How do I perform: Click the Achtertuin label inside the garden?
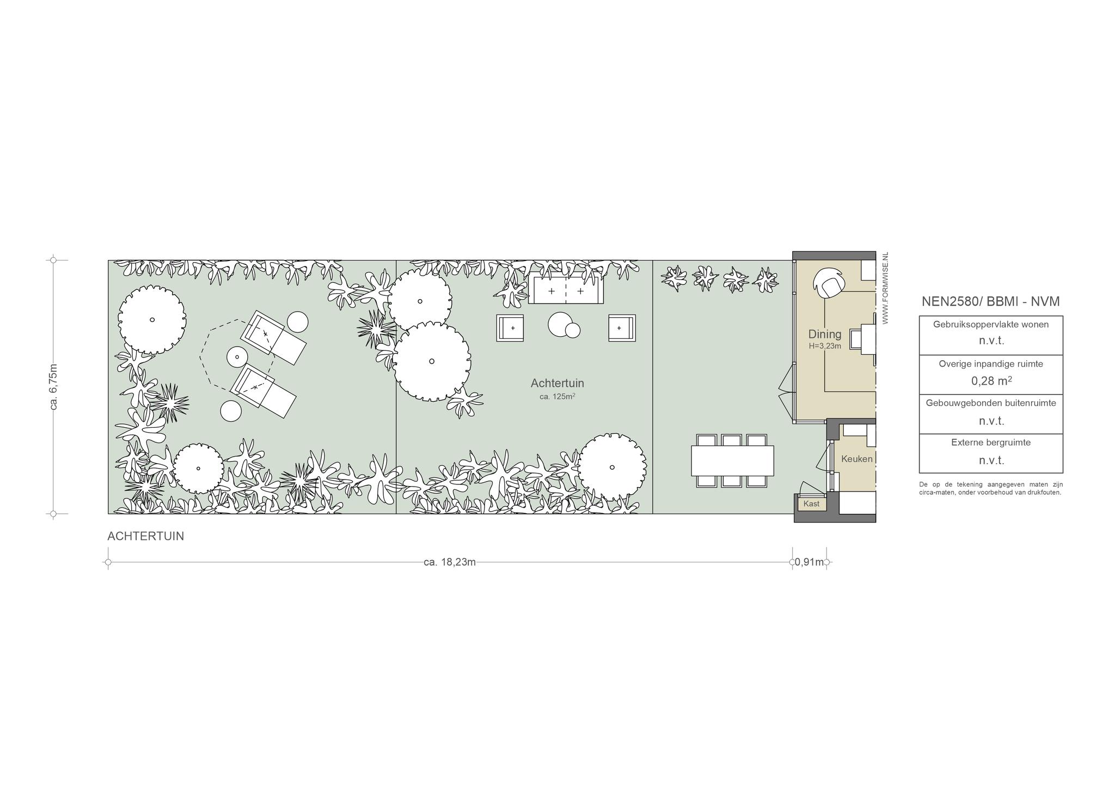point(557,384)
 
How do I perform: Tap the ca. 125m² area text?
point(557,397)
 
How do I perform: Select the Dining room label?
point(824,334)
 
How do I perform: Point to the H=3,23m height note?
point(824,345)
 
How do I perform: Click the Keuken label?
point(856,459)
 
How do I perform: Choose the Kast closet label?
point(811,503)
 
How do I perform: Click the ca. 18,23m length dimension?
point(450,562)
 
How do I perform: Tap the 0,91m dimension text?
point(810,562)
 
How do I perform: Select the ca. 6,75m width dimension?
point(53,386)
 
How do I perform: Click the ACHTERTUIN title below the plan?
point(146,536)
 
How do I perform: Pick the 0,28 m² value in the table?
point(991,380)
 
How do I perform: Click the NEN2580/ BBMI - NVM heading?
point(991,301)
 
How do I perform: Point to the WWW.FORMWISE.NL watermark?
point(885,288)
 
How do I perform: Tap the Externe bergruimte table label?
point(991,442)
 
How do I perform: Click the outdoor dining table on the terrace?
point(732,460)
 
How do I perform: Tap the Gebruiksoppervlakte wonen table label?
point(991,324)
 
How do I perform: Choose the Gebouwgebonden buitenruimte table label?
point(991,403)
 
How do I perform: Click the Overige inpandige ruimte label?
point(991,363)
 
